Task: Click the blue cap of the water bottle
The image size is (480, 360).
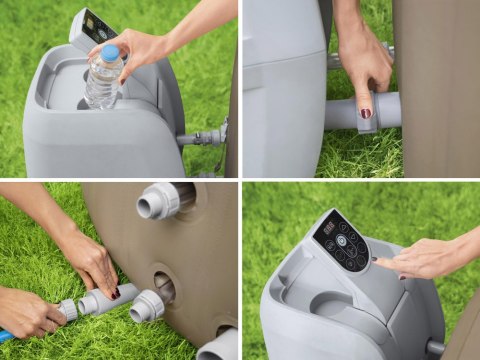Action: pyautogui.click(x=109, y=52)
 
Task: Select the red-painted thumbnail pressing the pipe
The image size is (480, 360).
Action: pyautogui.click(x=366, y=113)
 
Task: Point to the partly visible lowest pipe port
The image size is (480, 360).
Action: pyautogui.click(x=218, y=346)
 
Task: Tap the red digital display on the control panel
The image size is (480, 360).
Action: pyautogui.click(x=328, y=229)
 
